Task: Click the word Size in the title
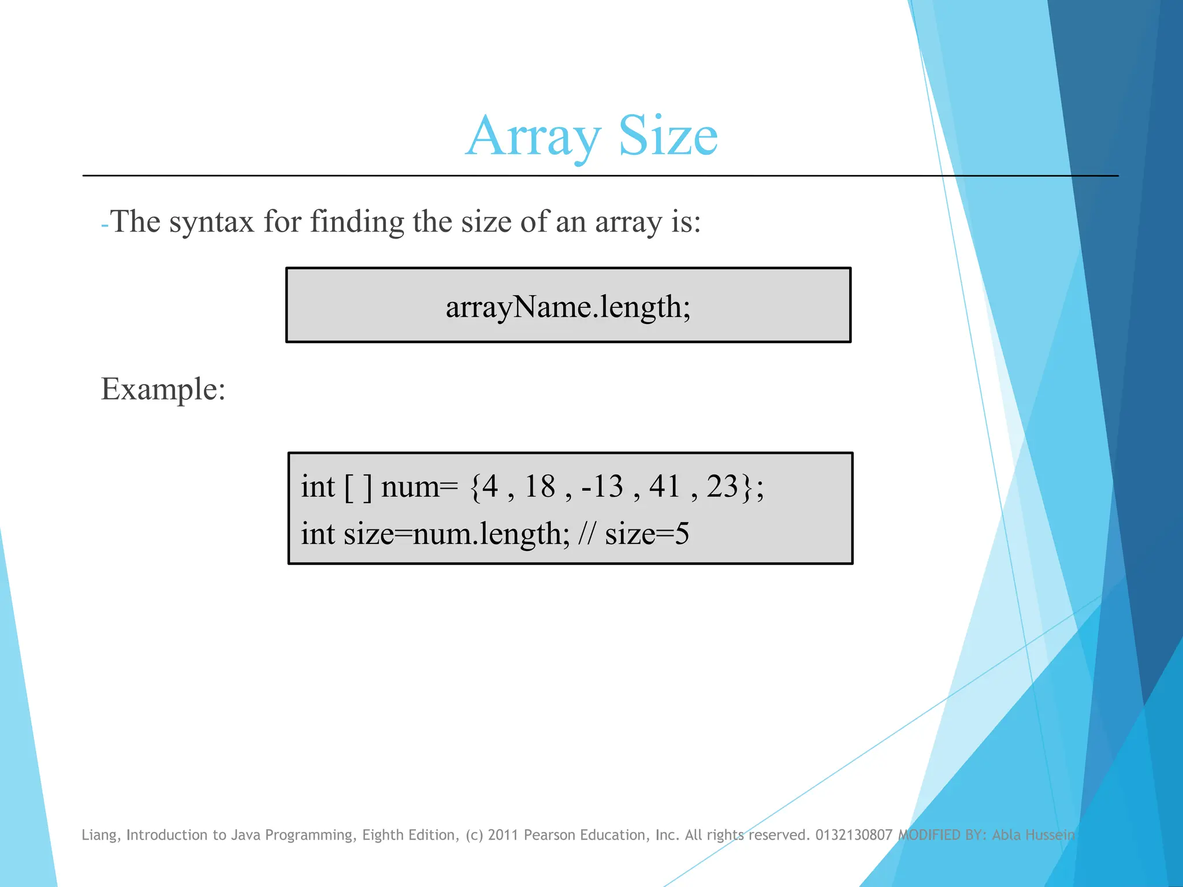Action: pyautogui.click(x=668, y=136)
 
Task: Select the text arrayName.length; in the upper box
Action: pyautogui.click(x=568, y=307)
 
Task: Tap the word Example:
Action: pyautogui.click(x=163, y=389)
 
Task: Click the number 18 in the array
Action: pyautogui.click(x=540, y=486)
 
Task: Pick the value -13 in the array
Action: pyautogui.click(x=602, y=486)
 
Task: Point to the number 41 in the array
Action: pyautogui.click(x=665, y=486)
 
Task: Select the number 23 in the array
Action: pyautogui.click(x=723, y=486)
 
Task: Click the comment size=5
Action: pyautogui.click(x=647, y=534)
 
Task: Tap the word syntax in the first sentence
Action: pyautogui.click(x=211, y=222)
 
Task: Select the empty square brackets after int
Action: pyautogui.click(x=358, y=487)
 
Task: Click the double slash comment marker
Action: pyautogui.click(x=586, y=534)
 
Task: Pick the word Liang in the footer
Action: pyautogui.click(x=101, y=835)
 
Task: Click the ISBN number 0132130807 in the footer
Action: pyautogui.click(x=854, y=835)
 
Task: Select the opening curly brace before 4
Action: pyautogui.click(x=475, y=487)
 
